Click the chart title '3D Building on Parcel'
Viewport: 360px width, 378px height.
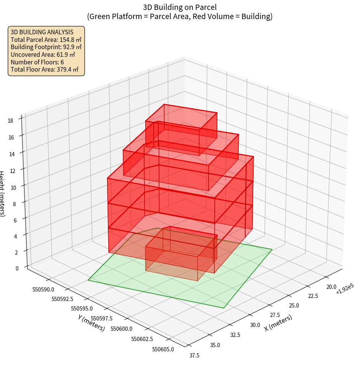tap(180, 7)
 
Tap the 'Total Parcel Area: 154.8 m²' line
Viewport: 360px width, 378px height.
tap(46, 40)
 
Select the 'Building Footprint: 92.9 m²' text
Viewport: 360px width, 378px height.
tap(46, 47)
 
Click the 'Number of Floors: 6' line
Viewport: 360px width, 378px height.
tap(37, 62)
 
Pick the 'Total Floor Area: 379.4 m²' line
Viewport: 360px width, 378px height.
tap(45, 70)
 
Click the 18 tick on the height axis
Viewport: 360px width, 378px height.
tap(10, 121)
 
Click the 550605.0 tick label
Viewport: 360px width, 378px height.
tap(163, 349)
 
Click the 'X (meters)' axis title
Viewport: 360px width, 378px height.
tap(278, 323)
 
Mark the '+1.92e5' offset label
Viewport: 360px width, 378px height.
tap(345, 292)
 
